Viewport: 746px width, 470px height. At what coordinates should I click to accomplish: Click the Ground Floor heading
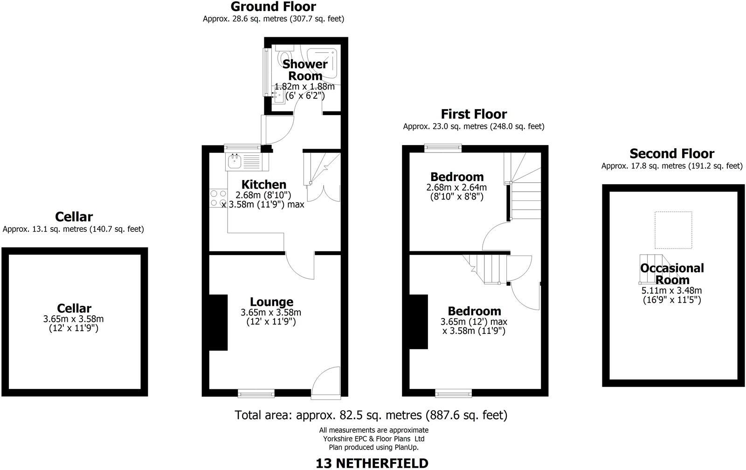point(273,7)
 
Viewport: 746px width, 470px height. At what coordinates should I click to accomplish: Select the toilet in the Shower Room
point(283,59)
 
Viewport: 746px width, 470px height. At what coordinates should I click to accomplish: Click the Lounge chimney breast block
point(218,322)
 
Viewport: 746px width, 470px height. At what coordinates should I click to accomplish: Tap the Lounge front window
point(256,394)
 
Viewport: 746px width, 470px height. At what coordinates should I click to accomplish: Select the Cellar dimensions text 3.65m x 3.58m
point(74,319)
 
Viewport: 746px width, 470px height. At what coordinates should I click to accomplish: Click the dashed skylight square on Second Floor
point(673,230)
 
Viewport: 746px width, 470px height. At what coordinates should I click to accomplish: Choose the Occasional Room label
point(672,274)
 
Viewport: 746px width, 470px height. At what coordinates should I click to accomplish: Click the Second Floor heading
point(671,154)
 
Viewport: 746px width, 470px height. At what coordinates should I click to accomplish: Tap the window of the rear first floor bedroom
point(443,148)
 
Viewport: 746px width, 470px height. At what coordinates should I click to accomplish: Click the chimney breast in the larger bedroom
point(419,322)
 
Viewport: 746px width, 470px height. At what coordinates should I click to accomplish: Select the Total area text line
point(371,415)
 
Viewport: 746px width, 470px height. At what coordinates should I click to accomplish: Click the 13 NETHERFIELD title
point(372,463)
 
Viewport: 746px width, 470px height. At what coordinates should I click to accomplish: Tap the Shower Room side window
point(266,72)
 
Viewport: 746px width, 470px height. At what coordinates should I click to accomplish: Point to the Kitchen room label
point(264,185)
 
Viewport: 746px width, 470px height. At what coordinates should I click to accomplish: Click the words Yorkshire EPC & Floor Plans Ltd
point(373,439)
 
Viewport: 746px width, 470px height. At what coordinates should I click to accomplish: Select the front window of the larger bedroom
point(453,394)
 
